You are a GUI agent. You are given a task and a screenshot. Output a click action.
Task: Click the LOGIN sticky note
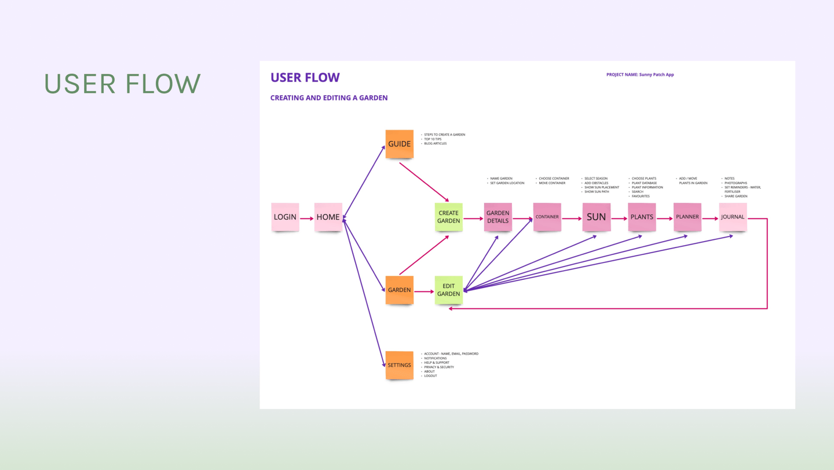tap(285, 217)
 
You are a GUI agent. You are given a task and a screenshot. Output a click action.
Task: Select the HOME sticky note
tap(328, 217)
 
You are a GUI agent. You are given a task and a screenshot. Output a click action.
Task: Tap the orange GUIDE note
tap(399, 144)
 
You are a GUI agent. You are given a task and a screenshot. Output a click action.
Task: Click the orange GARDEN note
tap(399, 290)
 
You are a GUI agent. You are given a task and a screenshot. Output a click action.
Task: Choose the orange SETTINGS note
tap(399, 365)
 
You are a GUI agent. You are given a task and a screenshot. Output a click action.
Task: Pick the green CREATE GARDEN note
tap(448, 217)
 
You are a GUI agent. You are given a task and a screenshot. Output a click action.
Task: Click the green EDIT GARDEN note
tap(448, 290)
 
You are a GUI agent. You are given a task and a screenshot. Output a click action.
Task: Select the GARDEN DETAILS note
tap(498, 217)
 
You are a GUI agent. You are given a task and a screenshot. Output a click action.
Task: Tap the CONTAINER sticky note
tap(547, 217)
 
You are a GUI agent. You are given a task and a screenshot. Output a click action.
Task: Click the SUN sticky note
tap(596, 217)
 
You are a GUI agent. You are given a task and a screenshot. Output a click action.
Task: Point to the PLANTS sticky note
tap(642, 217)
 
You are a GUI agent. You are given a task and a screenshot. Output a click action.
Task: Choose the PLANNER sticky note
tap(687, 217)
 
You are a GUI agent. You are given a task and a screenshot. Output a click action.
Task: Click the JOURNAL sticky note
tap(733, 217)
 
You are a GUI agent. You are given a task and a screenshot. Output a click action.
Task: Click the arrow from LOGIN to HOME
tap(307, 218)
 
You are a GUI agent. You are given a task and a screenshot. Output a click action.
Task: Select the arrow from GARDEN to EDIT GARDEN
tap(424, 292)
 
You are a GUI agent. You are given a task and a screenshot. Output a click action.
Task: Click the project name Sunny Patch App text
tap(640, 75)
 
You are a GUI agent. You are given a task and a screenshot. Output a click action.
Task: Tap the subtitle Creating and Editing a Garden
tap(329, 98)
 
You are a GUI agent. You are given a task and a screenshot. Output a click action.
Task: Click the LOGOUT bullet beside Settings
tap(430, 376)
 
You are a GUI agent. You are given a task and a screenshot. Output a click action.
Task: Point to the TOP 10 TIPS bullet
tap(433, 139)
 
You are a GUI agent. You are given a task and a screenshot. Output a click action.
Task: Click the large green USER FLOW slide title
tap(123, 84)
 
